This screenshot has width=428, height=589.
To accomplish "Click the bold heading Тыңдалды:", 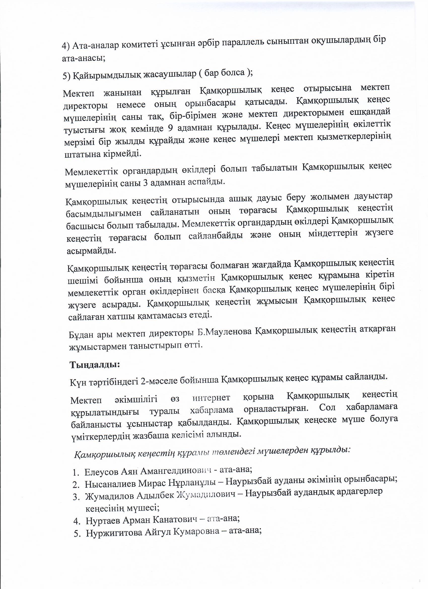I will coord(94,365).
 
